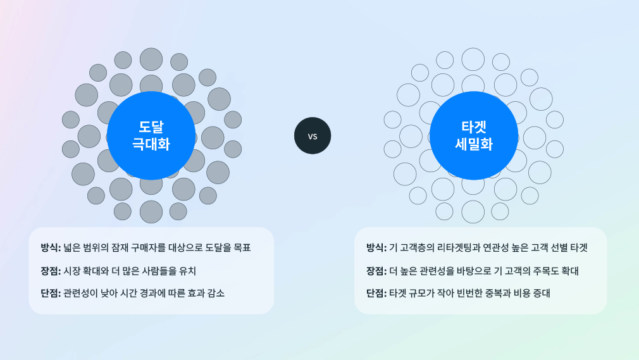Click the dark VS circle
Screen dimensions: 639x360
point(313,136)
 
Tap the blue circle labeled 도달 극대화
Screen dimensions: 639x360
point(151,135)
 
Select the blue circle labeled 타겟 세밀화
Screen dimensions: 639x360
point(474,135)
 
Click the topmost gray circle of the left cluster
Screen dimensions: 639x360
point(151,59)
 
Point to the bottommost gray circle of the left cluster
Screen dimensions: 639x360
point(151,211)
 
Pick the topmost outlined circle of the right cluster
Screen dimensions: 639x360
point(473,59)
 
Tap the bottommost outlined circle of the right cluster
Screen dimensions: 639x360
point(473,211)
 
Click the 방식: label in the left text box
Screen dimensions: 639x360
point(51,247)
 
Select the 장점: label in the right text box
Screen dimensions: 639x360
point(376,271)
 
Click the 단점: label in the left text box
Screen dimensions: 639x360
point(51,293)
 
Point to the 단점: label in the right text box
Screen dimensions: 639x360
point(376,293)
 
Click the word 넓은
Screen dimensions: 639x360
point(71,247)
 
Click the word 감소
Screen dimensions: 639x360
point(216,293)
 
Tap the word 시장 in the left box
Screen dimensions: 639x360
point(71,271)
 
